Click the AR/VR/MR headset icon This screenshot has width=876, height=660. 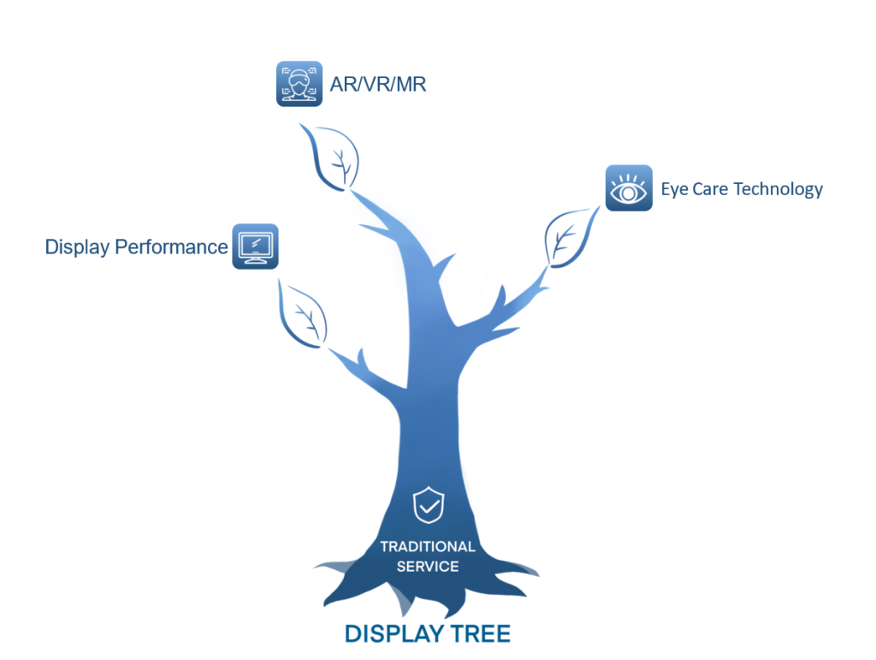299,84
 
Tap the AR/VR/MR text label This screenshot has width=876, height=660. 378,85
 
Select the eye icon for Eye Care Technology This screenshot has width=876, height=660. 629,188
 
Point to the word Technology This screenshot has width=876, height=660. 779,189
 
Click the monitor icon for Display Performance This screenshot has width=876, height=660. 255,247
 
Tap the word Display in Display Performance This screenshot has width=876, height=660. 77,247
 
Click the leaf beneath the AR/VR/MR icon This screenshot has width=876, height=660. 329,157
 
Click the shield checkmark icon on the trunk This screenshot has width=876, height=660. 428,506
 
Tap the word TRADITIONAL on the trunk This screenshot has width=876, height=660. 428,546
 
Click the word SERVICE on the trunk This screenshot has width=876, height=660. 428,566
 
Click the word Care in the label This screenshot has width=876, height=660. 718,189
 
